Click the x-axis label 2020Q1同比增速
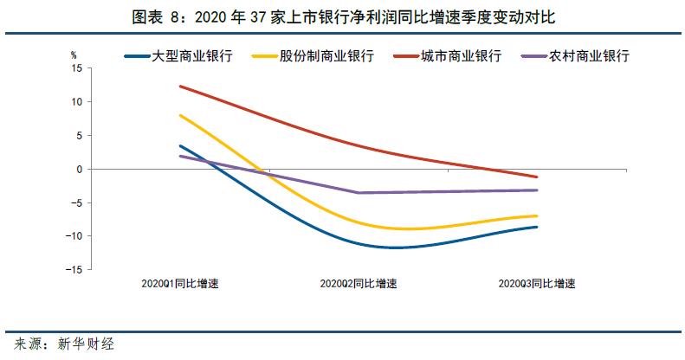(179, 284)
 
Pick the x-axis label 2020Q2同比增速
(358, 284)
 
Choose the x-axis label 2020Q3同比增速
(536, 284)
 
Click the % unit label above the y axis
(74, 54)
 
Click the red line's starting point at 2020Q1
(179, 87)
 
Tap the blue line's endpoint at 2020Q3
(536, 227)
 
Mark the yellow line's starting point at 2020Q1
(179, 115)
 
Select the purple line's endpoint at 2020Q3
(536, 190)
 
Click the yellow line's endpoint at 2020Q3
(536, 215)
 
